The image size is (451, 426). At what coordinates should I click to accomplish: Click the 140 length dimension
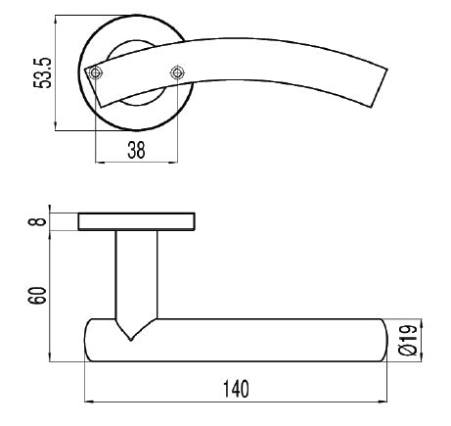[x=234, y=388]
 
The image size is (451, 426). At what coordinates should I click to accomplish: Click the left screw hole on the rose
[x=95, y=72]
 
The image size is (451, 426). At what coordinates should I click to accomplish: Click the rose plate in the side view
[x=136, y=221]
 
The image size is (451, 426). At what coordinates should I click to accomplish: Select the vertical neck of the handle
[x=136, y=274]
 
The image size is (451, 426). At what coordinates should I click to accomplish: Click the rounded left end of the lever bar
[x=90, y=340]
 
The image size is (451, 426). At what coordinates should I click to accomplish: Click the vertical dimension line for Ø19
[x=420, y=340]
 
